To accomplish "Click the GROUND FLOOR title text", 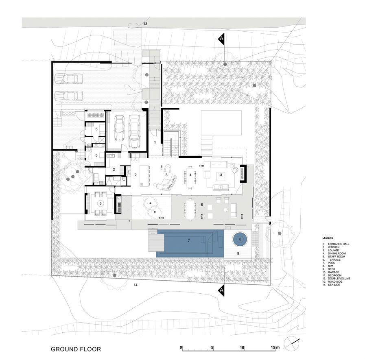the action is click(x=76, y=349).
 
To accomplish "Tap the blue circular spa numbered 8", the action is click(x=240, y=239).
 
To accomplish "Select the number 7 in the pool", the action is click(x=189, y=241).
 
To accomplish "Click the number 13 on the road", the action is click(x=145, y=24).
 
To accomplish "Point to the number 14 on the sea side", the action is click(x=136, y=285).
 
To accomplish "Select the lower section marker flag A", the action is click(x=221, y=290).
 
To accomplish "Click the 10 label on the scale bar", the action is click(x=242, y=347).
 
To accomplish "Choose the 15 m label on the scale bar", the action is click(x=275, y=347).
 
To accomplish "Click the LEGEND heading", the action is click(x=328, y=238).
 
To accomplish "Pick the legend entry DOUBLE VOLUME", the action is click(x=339, y=278).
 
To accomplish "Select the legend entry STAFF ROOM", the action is click(x=337, y=256).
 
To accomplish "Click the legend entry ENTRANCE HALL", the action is click(x=339, y=244).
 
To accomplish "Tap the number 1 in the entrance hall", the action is click(x=155, y=142).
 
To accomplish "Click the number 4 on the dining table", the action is click(x=190, y=175).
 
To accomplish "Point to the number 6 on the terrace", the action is click(x=201, y=205).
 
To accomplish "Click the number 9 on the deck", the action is click(x=238, y=253).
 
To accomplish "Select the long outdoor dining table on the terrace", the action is click(x=190, y=209).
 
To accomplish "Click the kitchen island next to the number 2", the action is click(x=144, y=175).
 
